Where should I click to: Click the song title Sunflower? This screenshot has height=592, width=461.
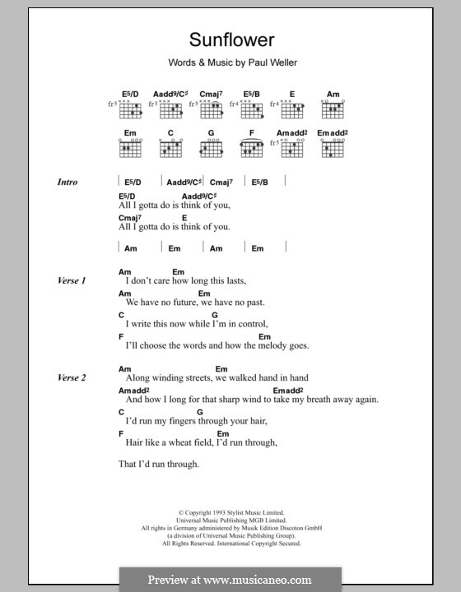[230, 39]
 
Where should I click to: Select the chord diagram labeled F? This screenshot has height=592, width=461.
[252, 147]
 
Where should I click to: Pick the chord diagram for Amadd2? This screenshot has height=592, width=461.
[291, 147]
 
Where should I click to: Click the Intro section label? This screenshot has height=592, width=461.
[68, 182]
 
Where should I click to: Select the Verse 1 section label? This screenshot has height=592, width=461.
[71, 280]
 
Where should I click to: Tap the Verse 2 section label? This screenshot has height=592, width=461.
[71, 377]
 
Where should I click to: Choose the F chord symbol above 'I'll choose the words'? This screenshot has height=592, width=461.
[121, 335]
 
